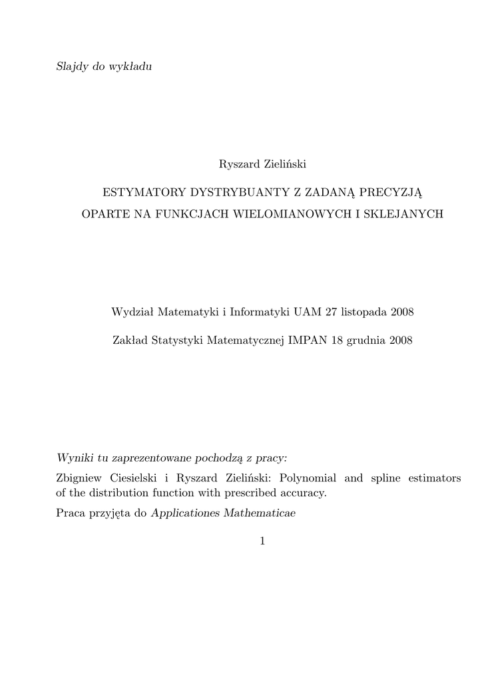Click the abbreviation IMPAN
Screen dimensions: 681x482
coord(307,340)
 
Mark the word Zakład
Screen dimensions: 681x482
coord(130,340)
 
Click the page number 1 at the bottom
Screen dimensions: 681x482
coord(262,542)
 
